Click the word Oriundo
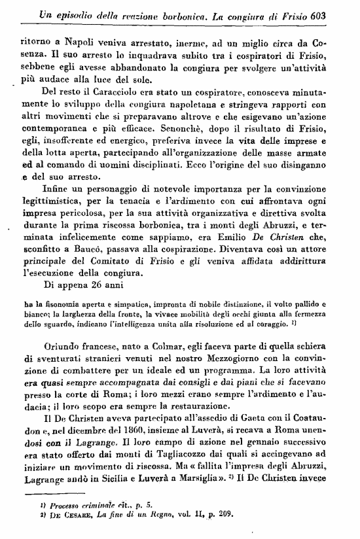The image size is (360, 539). (64, 349)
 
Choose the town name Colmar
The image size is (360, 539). (160, 349)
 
